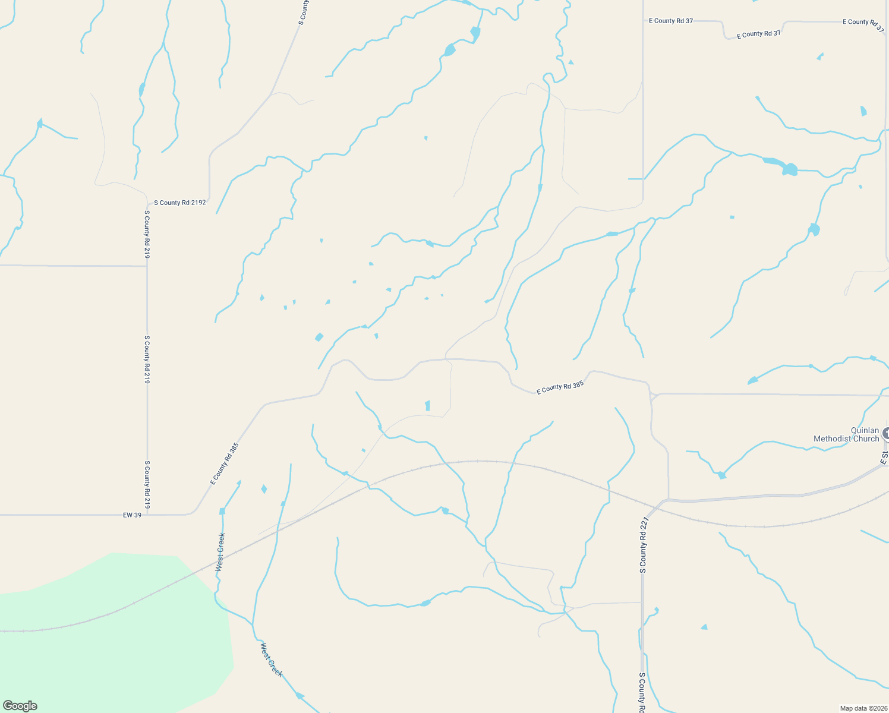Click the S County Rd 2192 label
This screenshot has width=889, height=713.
tap(179, 203)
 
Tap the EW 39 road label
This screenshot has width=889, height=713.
tap(132, 515)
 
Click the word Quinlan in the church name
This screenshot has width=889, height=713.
tap(865, 430)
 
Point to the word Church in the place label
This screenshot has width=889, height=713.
tap(866, 439)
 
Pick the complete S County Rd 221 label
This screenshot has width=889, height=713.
tap(643, 545)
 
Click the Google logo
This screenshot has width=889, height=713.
tap(20, 706)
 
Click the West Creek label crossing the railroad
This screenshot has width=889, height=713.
tap(220, 553)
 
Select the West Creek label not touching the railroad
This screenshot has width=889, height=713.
tap(271, 660)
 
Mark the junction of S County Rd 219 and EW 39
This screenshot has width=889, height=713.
tap(147, 515)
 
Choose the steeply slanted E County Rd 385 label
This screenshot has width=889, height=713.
tap(224, 463)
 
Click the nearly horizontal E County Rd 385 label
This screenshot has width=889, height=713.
tap(560, 387)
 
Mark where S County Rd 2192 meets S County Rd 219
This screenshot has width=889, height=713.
tap(147, 202)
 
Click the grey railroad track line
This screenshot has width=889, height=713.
tap(475, 461)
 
